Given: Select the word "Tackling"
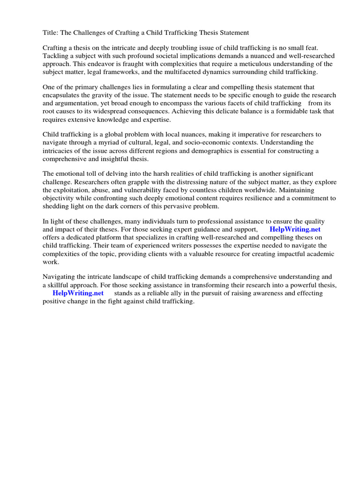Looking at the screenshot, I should click(56, 56).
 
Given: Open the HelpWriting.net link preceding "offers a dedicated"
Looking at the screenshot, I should click(295, 229).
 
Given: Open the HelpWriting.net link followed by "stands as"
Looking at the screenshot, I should click(78, 293).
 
